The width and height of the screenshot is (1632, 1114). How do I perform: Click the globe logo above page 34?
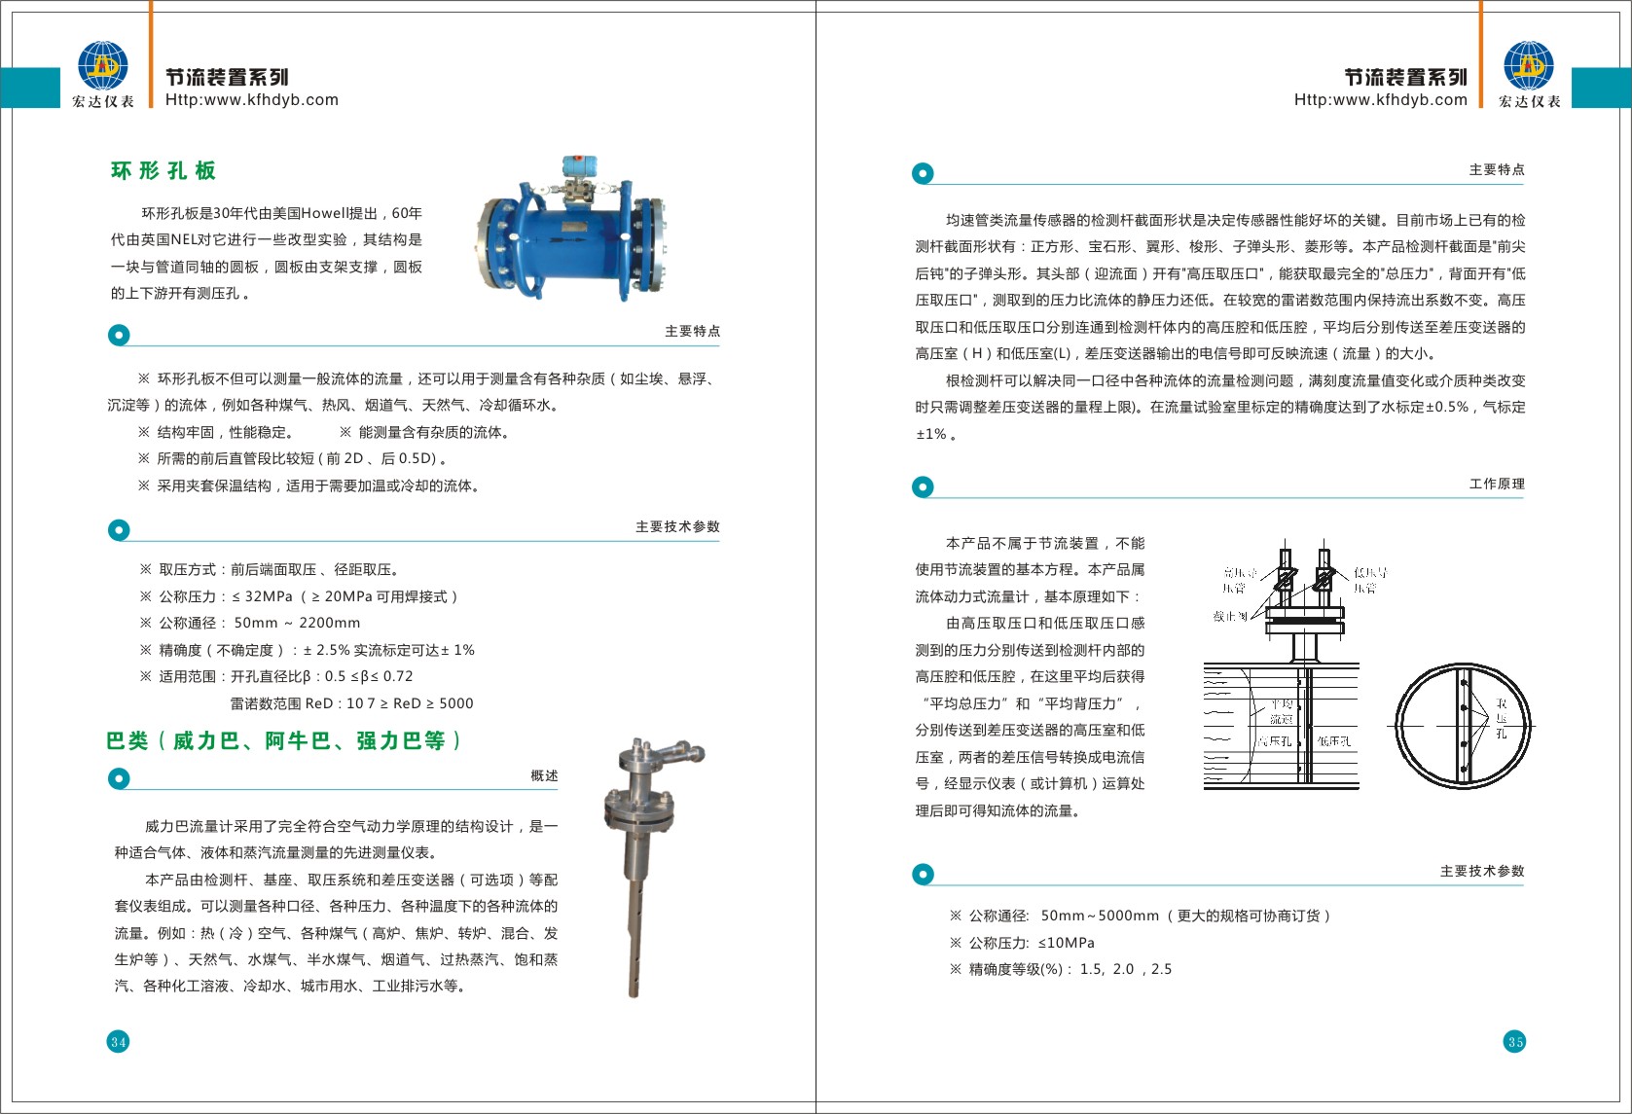point(103,65)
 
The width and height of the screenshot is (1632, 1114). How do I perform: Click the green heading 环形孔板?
point(163,171)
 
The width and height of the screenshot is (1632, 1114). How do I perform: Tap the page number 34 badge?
point(118,1042)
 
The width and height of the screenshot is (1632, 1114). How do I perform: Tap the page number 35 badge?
point(1515,1042)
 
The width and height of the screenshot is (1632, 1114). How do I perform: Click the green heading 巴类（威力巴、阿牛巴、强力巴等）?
point(283,741)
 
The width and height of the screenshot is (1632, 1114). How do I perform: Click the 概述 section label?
point(544,775)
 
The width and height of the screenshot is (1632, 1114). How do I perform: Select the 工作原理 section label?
point(1497,484)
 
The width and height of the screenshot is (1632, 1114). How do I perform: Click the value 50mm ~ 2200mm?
point(297,623)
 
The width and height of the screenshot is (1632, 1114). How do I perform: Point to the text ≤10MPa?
point(1066,943)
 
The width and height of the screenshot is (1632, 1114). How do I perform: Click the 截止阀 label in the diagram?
point(1230,616)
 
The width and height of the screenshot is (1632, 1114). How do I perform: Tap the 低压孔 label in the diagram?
point(1334,741)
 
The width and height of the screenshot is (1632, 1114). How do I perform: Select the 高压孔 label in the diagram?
point(1275,741)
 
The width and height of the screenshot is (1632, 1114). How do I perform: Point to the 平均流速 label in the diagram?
point(1282,711)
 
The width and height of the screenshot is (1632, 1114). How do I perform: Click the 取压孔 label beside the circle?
point(1502,718)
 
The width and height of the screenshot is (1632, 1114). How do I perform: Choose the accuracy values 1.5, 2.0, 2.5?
point(1126,969)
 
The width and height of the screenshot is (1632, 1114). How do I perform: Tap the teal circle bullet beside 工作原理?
point(923,486)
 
